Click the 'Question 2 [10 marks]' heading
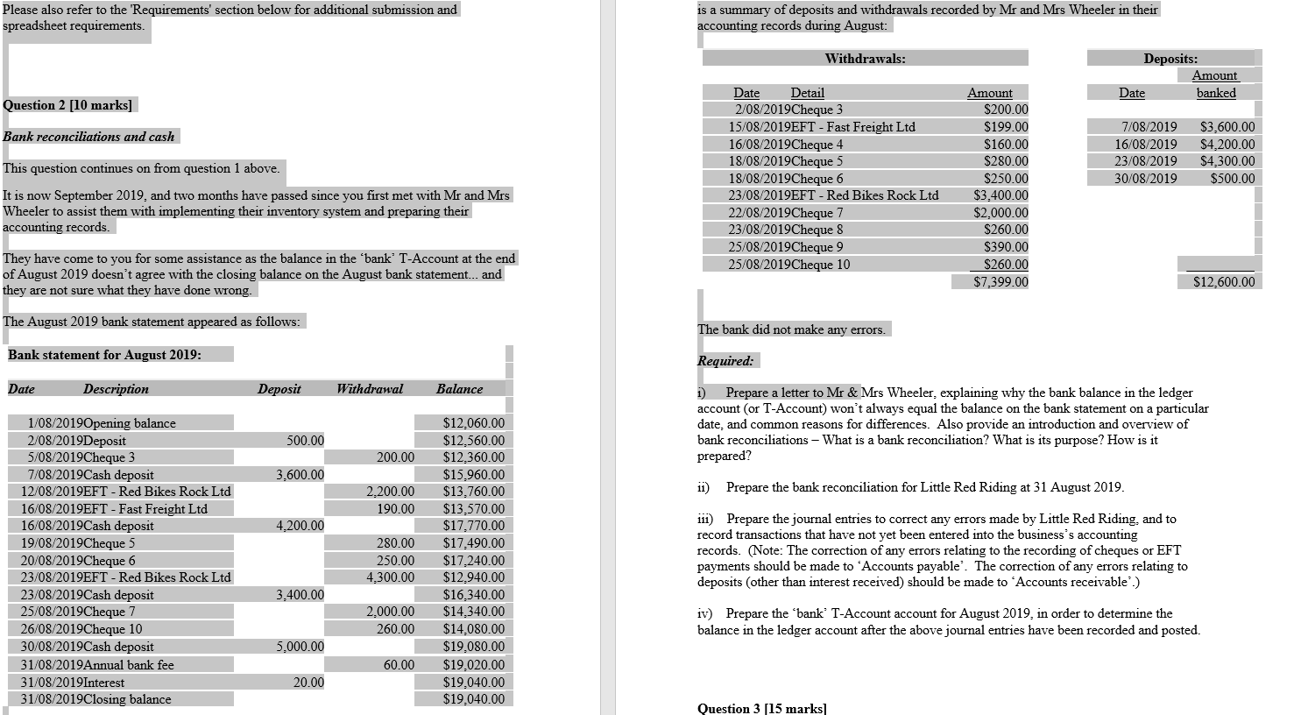click(x=68, y=105)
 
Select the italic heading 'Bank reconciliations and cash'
click(x=88, y=137)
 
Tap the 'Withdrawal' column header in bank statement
click(x=370, y=389)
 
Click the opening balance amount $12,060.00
click(x=473, y=423)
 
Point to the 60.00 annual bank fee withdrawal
click(x=399, y=665)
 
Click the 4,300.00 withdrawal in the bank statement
click(x=390, y=577)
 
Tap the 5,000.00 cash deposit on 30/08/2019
click(x=300, y=647)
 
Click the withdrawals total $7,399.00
click(x=1001, y=282)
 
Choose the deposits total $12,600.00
click(x=1223, y=282)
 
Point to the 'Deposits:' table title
click(x=1170, y=59)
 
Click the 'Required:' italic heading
click(x=725, y=361)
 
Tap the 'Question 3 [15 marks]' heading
click(x=761, y=708)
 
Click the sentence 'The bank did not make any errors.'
click(x=791, y=329)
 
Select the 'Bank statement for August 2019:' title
click(x=105, y=355)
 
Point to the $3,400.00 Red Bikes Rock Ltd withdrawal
click(x=1001, y=195)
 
